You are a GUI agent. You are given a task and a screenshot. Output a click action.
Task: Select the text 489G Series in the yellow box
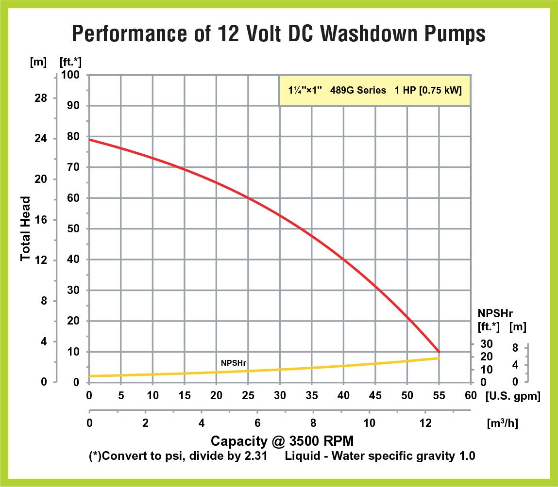(x=358, y=90)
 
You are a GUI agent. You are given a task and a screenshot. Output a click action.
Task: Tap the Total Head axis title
(x=26, y=228)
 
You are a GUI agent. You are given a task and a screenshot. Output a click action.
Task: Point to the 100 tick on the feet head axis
(x=72, y=76)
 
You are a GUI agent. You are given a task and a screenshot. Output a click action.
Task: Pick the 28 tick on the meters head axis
(x=41, y=98)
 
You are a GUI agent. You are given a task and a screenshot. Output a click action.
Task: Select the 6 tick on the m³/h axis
(x=257, y=422)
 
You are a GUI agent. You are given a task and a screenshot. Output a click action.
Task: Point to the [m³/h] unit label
(x=502, y=423)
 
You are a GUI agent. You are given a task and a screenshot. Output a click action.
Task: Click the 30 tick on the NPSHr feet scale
(x=487, y=344)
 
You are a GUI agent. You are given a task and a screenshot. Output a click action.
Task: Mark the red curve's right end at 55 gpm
(x=439, y=352)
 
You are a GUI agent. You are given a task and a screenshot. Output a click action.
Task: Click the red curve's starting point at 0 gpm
(x=89, y=140)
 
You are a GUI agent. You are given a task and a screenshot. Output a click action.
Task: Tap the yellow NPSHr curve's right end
(x=439, y=358)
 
